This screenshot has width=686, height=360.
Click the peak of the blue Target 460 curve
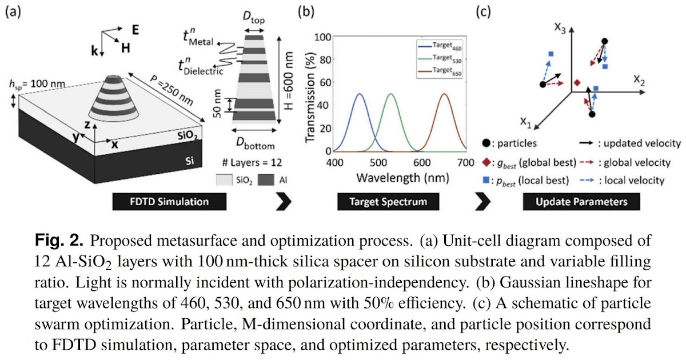pos(360,94)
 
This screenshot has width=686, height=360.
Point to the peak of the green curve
pos(391,94)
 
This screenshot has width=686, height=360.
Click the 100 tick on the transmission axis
pos(324,37)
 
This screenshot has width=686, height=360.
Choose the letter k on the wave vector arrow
pos(94,50)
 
